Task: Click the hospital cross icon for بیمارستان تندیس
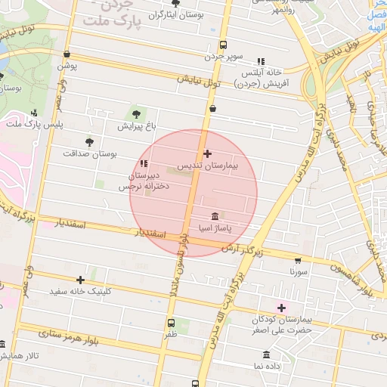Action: tap(208, 153)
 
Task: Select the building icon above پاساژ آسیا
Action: tap(215, 215)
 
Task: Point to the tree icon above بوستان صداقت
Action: tap(90, 141)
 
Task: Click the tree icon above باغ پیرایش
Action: tap(136, 114)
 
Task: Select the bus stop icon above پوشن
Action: tap(68, 54)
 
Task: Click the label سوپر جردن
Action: tap(224, 57)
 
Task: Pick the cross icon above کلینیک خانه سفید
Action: tap(81, 280)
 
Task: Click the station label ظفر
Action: tap(172, 333)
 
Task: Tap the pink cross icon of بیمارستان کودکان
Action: tap(282, 308)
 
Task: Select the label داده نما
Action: tap(268, 366)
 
